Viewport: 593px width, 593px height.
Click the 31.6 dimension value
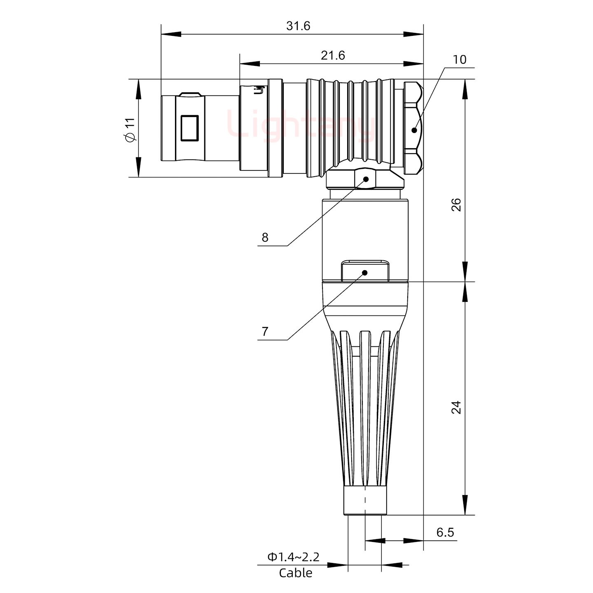[298, 26]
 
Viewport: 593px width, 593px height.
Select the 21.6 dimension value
[333, 55]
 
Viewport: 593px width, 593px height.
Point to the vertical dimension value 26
[456, 205]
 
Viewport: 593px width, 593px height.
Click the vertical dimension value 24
[456, 407]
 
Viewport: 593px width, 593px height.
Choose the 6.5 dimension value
[445, 532]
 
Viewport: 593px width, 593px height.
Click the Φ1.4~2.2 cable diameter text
[293, 557]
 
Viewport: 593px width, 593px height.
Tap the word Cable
[295, 573]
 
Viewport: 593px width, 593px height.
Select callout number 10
[460, 60]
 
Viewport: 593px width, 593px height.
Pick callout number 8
[265, 237]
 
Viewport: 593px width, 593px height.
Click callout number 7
[265, 331]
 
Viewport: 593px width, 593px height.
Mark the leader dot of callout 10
[414, 130]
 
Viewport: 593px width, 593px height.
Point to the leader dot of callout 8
[366, 179]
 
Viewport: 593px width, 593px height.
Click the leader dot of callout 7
[364, 273]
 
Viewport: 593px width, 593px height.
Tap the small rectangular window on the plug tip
[190, 128]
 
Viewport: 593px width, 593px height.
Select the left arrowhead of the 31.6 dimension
[170, 34]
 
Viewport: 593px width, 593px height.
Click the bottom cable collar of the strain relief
[365, 501]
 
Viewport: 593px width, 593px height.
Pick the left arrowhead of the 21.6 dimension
[249, 64]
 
